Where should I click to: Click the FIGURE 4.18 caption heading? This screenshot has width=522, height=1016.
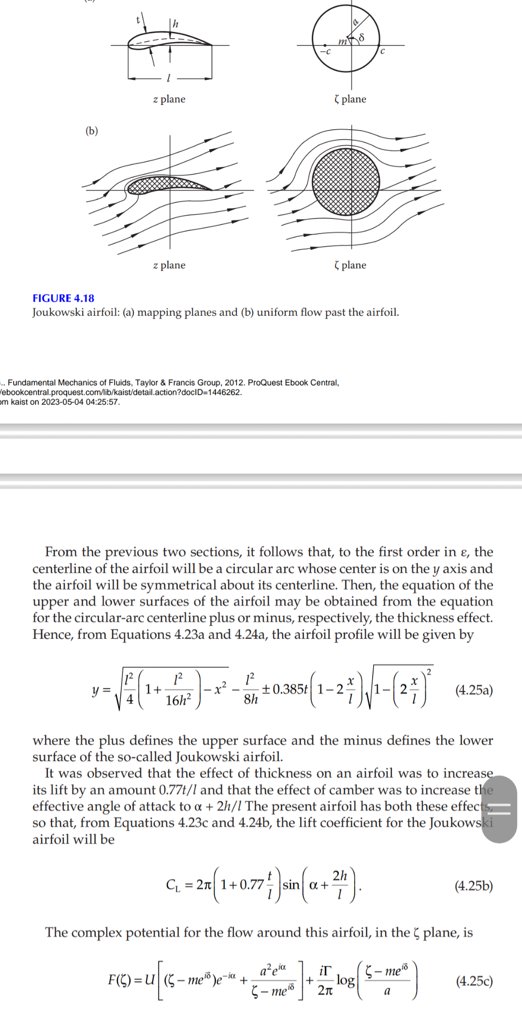click(63, 298)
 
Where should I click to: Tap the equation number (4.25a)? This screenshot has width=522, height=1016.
click(474, 690)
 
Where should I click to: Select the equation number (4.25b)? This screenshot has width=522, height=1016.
click(473, 885)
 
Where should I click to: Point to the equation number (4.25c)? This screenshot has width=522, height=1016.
click(474, 981)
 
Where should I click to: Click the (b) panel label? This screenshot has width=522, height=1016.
click(91, 131)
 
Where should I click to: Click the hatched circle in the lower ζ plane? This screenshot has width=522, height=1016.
click(346, 182)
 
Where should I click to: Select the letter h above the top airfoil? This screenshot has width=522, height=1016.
click(175, 23)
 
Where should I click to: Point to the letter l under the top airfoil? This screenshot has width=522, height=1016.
click(168, 78)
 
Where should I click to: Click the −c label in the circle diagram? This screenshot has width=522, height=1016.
click(326, 51)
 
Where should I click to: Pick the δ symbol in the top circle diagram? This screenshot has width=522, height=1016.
click(361, 37)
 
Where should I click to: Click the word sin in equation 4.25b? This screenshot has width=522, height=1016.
click(290, 885)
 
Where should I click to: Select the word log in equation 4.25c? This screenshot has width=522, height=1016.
click(345, 980)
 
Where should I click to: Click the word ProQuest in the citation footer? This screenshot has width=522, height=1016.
click(265, 383)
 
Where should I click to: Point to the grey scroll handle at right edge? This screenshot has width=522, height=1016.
click(499, 809)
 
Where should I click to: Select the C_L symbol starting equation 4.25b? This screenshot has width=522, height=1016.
click(173, 885)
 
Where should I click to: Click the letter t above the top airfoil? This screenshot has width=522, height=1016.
click(138, 19)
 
